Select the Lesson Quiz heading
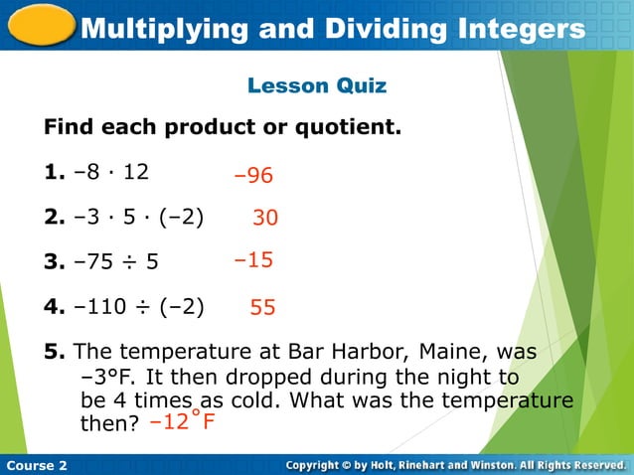pos(317,86)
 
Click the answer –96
pos(253,176)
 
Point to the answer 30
pos(265,218)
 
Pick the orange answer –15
pos(253,260)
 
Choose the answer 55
pos(262,308)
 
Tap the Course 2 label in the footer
pos(36,465)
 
